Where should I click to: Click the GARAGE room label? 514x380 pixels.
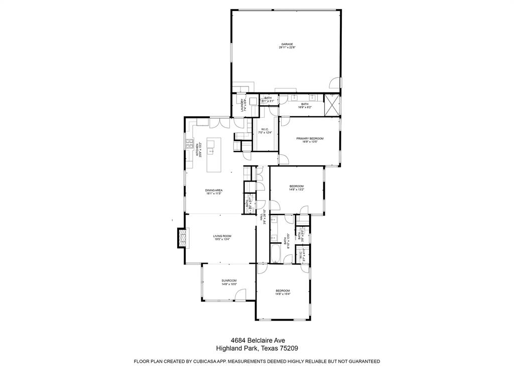[x=287, y=44]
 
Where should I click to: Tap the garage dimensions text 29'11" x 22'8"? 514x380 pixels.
[x=287, y=48]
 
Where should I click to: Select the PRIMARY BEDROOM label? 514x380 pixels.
[x=310, y=138]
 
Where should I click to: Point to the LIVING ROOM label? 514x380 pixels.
[x=222, y=236]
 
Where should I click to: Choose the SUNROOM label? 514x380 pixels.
[x=229, y=280]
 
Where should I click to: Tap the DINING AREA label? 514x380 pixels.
[x=214, y=190]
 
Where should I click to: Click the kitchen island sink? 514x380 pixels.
[x=212, y=149]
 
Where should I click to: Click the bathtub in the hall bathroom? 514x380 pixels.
[x=276, y=253]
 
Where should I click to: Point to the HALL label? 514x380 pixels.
[x=262, y=217]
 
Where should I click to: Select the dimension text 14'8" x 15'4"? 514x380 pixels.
[x=283, y=294]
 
